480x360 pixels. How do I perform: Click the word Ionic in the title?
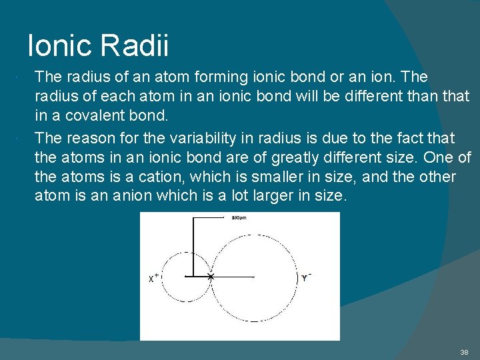pyautogui.click(x=59, y=46)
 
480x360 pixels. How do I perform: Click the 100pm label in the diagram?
pyautogui.click(x=238, y=218)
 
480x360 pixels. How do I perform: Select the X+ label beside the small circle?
pyautogui.click(x=153, y=278)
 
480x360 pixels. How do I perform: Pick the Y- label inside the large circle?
pyautogui.click(x=306, y=277)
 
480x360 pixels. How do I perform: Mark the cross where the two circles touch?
pyautogui.click(x=211, y=276)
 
